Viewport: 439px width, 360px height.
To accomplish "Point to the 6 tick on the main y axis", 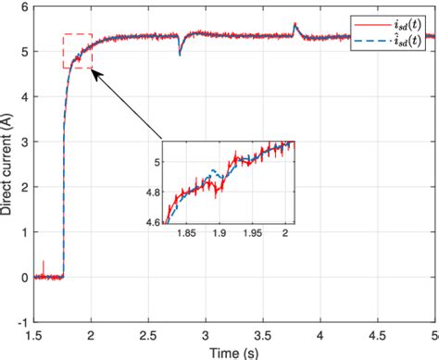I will click(26, 7).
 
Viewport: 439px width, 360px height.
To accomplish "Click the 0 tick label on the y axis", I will click(26, 277).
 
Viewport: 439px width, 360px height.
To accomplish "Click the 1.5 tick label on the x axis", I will click(35, 333).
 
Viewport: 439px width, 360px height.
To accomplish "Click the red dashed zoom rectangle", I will click(78, 51).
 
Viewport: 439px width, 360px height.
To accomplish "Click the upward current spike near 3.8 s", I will click(295, 26).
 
